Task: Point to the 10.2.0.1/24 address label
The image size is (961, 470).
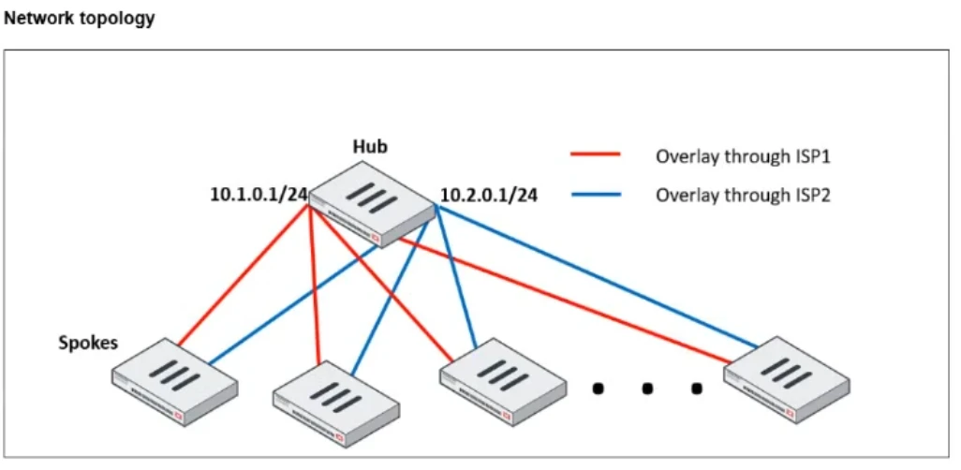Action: pos(489,196)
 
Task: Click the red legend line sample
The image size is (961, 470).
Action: pos(596,156)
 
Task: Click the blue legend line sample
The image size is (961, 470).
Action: pos(596,195)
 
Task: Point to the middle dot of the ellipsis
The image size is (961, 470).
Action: pos(647,388)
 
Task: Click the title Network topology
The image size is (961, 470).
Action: pos(80,19)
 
